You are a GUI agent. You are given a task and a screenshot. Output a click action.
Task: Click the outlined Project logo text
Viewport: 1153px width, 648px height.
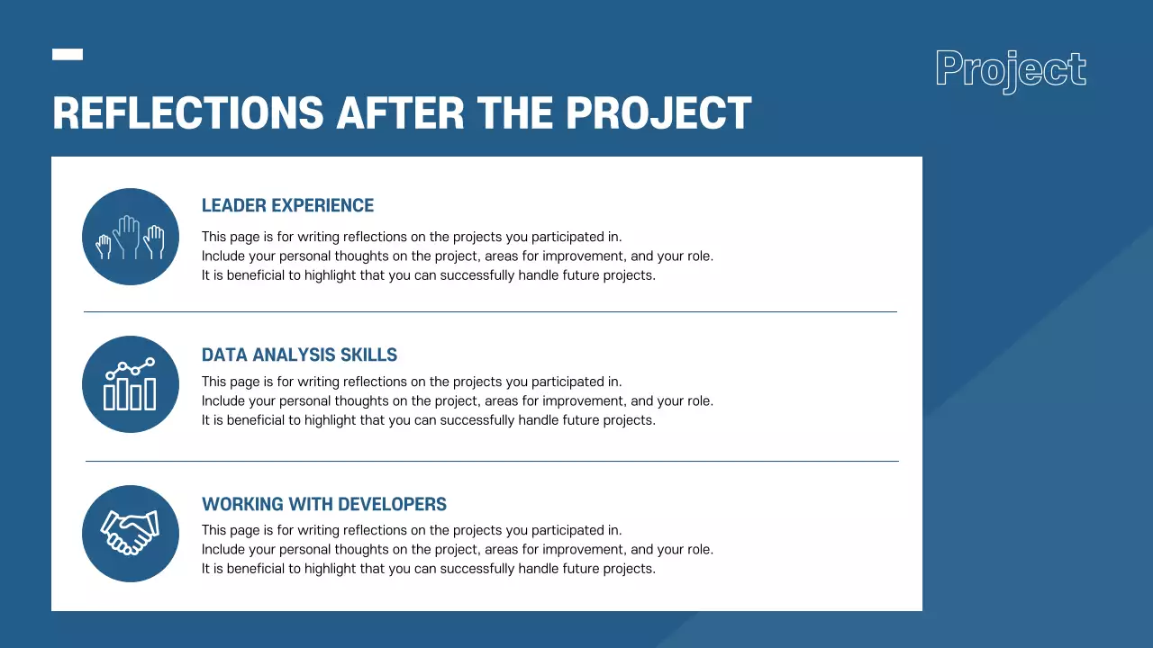pyautogui.click(x=1011, y=70)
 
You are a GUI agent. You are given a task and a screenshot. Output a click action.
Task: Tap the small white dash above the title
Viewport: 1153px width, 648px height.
pyautogui.click(x=68, y=55)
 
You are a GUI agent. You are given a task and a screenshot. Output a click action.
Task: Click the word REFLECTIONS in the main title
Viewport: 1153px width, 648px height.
pyautogui.click(x=188, y=113)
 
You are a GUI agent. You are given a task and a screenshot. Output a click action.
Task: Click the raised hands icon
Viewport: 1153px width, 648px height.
pyautogui.click(x=131, y=237)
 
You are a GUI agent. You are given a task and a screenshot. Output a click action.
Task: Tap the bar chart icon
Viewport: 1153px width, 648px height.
pyautogui.click(x=130, y=384)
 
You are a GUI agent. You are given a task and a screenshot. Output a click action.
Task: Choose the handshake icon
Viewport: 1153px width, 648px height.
pyautogui.click(x=131, y=533)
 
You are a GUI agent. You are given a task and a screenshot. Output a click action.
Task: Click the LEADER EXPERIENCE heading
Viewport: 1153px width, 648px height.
pyautogui.click(x=287, y=206)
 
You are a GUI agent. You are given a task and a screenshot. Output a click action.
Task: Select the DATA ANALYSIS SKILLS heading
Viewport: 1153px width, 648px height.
pyautogui.click(x=299, y=355)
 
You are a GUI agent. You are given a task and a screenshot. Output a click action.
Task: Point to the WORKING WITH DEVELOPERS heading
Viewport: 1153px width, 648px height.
pyautogui.click(x=323, y=504)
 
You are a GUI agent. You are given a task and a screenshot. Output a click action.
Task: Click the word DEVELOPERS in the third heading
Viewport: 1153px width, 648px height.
pyautogui.click(x=392, y=504)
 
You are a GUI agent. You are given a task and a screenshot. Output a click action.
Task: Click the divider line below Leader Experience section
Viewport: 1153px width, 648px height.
pyautogui.click(x=491, y=311)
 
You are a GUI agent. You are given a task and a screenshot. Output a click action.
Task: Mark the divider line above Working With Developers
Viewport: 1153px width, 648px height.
pyautogui.click(x=492, y=462)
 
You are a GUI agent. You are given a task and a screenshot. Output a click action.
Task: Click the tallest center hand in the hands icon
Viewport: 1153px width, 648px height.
pyautogui.click(x=127, y=236)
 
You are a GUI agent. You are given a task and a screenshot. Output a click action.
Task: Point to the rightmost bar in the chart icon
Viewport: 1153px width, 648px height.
pyautogui.click(x=150, y=394)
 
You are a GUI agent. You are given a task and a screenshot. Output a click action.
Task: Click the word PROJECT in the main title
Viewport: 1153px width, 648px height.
pyautogui.click(x=658, y=113)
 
